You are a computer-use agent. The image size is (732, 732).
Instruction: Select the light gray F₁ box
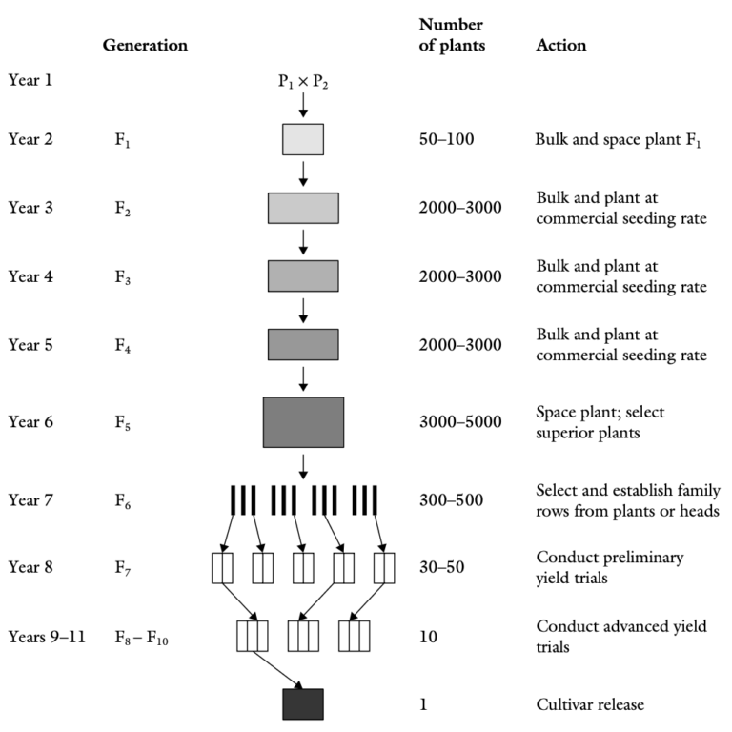303,139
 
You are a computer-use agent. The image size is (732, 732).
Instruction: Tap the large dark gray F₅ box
303,421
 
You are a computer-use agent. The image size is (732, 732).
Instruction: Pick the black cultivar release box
303,703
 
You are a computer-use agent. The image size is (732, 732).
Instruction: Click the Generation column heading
145,45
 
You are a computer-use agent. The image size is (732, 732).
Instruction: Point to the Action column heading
561,45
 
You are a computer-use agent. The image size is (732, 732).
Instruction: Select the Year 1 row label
31,80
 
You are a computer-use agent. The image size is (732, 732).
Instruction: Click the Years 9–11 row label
47,635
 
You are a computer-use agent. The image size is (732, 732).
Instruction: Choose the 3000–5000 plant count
460,421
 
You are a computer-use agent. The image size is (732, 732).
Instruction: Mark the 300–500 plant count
452,499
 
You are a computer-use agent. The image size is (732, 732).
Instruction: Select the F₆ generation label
122,499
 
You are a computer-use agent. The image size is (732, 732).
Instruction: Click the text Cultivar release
591,704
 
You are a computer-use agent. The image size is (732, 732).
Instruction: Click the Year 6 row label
31,421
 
